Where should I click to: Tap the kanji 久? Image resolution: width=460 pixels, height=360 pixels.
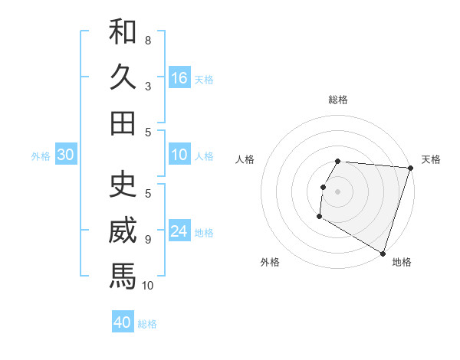[123, 77]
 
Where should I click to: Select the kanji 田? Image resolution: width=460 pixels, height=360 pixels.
[123, 123]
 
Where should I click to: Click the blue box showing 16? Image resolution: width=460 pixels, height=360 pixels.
[179, 78]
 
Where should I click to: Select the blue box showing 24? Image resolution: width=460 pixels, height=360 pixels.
[179, 232]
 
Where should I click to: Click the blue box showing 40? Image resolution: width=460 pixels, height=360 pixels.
[123, 322]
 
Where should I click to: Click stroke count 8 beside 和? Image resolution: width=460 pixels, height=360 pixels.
[148, 40]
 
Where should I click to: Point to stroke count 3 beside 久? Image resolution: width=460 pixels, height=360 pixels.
[148, 86]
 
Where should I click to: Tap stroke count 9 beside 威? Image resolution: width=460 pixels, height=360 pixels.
[148, 240]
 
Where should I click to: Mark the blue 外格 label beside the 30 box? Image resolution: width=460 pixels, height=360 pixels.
[41, 156]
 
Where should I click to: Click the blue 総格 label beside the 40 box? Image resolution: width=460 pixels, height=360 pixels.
[147, 323]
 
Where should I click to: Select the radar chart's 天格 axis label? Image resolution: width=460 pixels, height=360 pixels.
[431, 159]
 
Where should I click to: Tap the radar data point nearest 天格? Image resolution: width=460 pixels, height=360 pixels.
[410, 168]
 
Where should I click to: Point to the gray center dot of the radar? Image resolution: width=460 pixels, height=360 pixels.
[337, 191]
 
